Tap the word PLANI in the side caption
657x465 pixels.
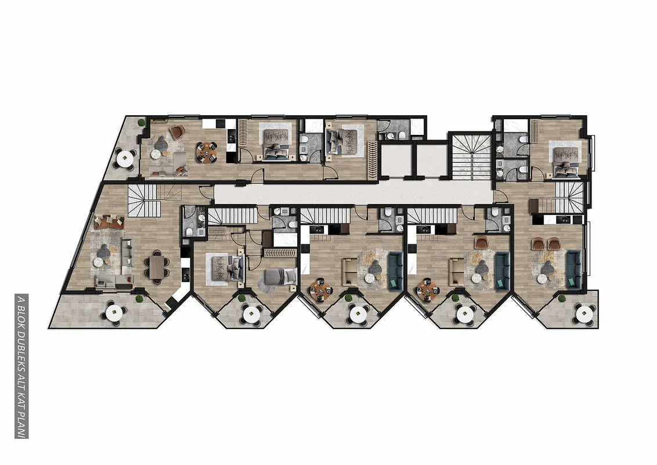(x=21, y=424)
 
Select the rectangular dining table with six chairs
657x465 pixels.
(x=157, y=267)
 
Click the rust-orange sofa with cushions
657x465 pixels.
(x=109, y=221)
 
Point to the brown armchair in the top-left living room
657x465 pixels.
(x=177, y=132)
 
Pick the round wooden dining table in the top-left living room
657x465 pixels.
(x=207, y=151)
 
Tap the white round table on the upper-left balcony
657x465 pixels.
(x=125, y=159)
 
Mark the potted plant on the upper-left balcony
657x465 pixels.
(x=142, y=122)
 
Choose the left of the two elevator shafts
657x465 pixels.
(x=394, y=161)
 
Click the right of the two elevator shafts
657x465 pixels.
(x=430, y=161)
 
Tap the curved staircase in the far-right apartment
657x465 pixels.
(x=569, y=196)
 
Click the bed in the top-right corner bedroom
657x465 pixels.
(x=566, y=161)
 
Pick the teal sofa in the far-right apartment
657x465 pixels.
(x=573, y=269)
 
